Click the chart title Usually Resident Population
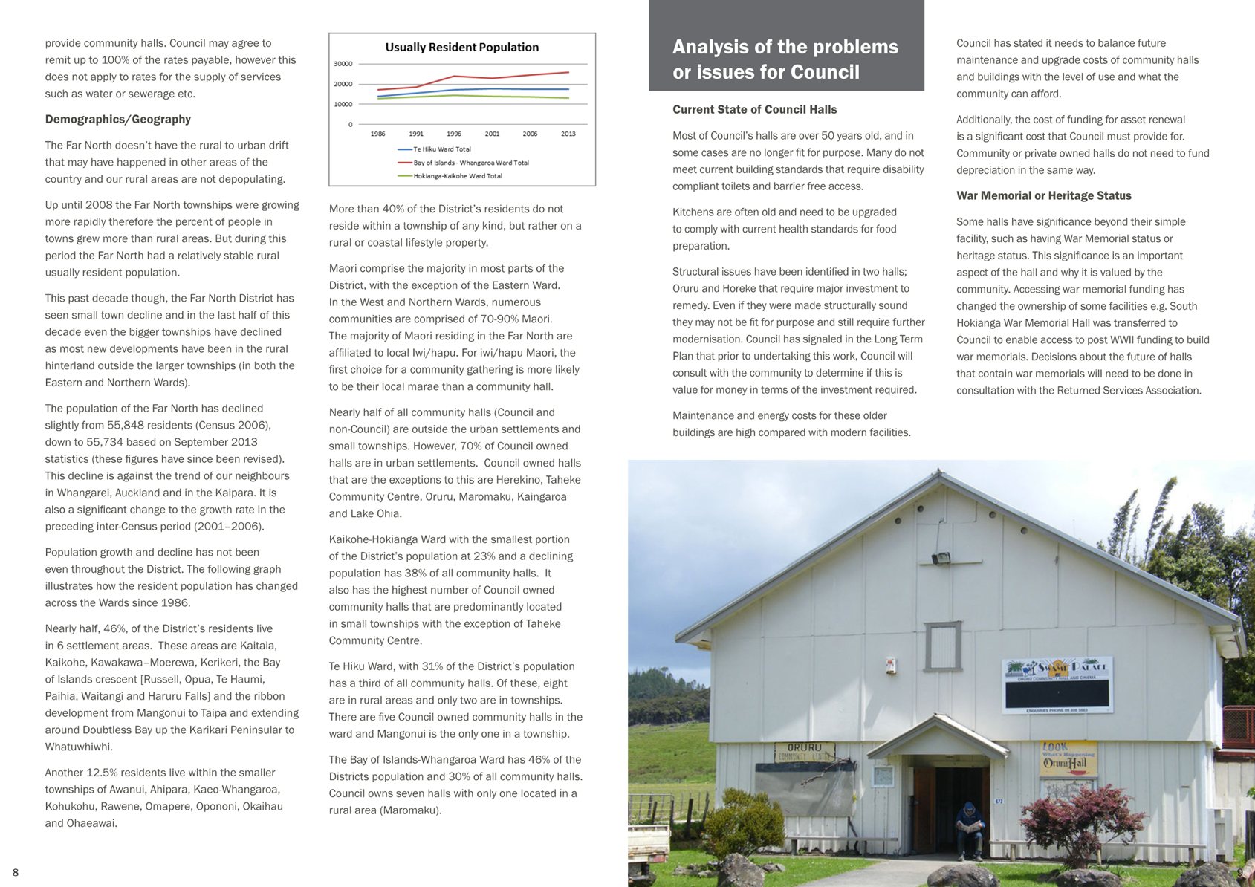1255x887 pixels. pyautogui.click(x=461, y=48)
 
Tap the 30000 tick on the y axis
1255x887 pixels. pyautogui.click(x=343, y=64)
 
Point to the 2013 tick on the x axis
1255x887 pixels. pyautogui.click(x=568, y=134)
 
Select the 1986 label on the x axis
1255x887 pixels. pyautogui.click(x=377, y=134)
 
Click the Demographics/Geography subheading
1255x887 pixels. pyautogui.click(x=118, y=120)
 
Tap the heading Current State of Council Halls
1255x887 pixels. pyautogui.click(x=754, y=110)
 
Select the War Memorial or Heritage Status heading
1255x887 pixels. pyautogui.click(x=1043, y=196)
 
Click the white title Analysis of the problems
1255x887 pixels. pyautogui.click(x=785, y=47)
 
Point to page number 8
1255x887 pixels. pyautogui.click(x=16, y=872)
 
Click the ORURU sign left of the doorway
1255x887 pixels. pyautogui.click(x=805, y=751)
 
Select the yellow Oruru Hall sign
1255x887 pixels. pyautogui.click(x=1068, y=758)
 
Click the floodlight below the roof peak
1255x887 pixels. pyautogui.click(x=941, y=557)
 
